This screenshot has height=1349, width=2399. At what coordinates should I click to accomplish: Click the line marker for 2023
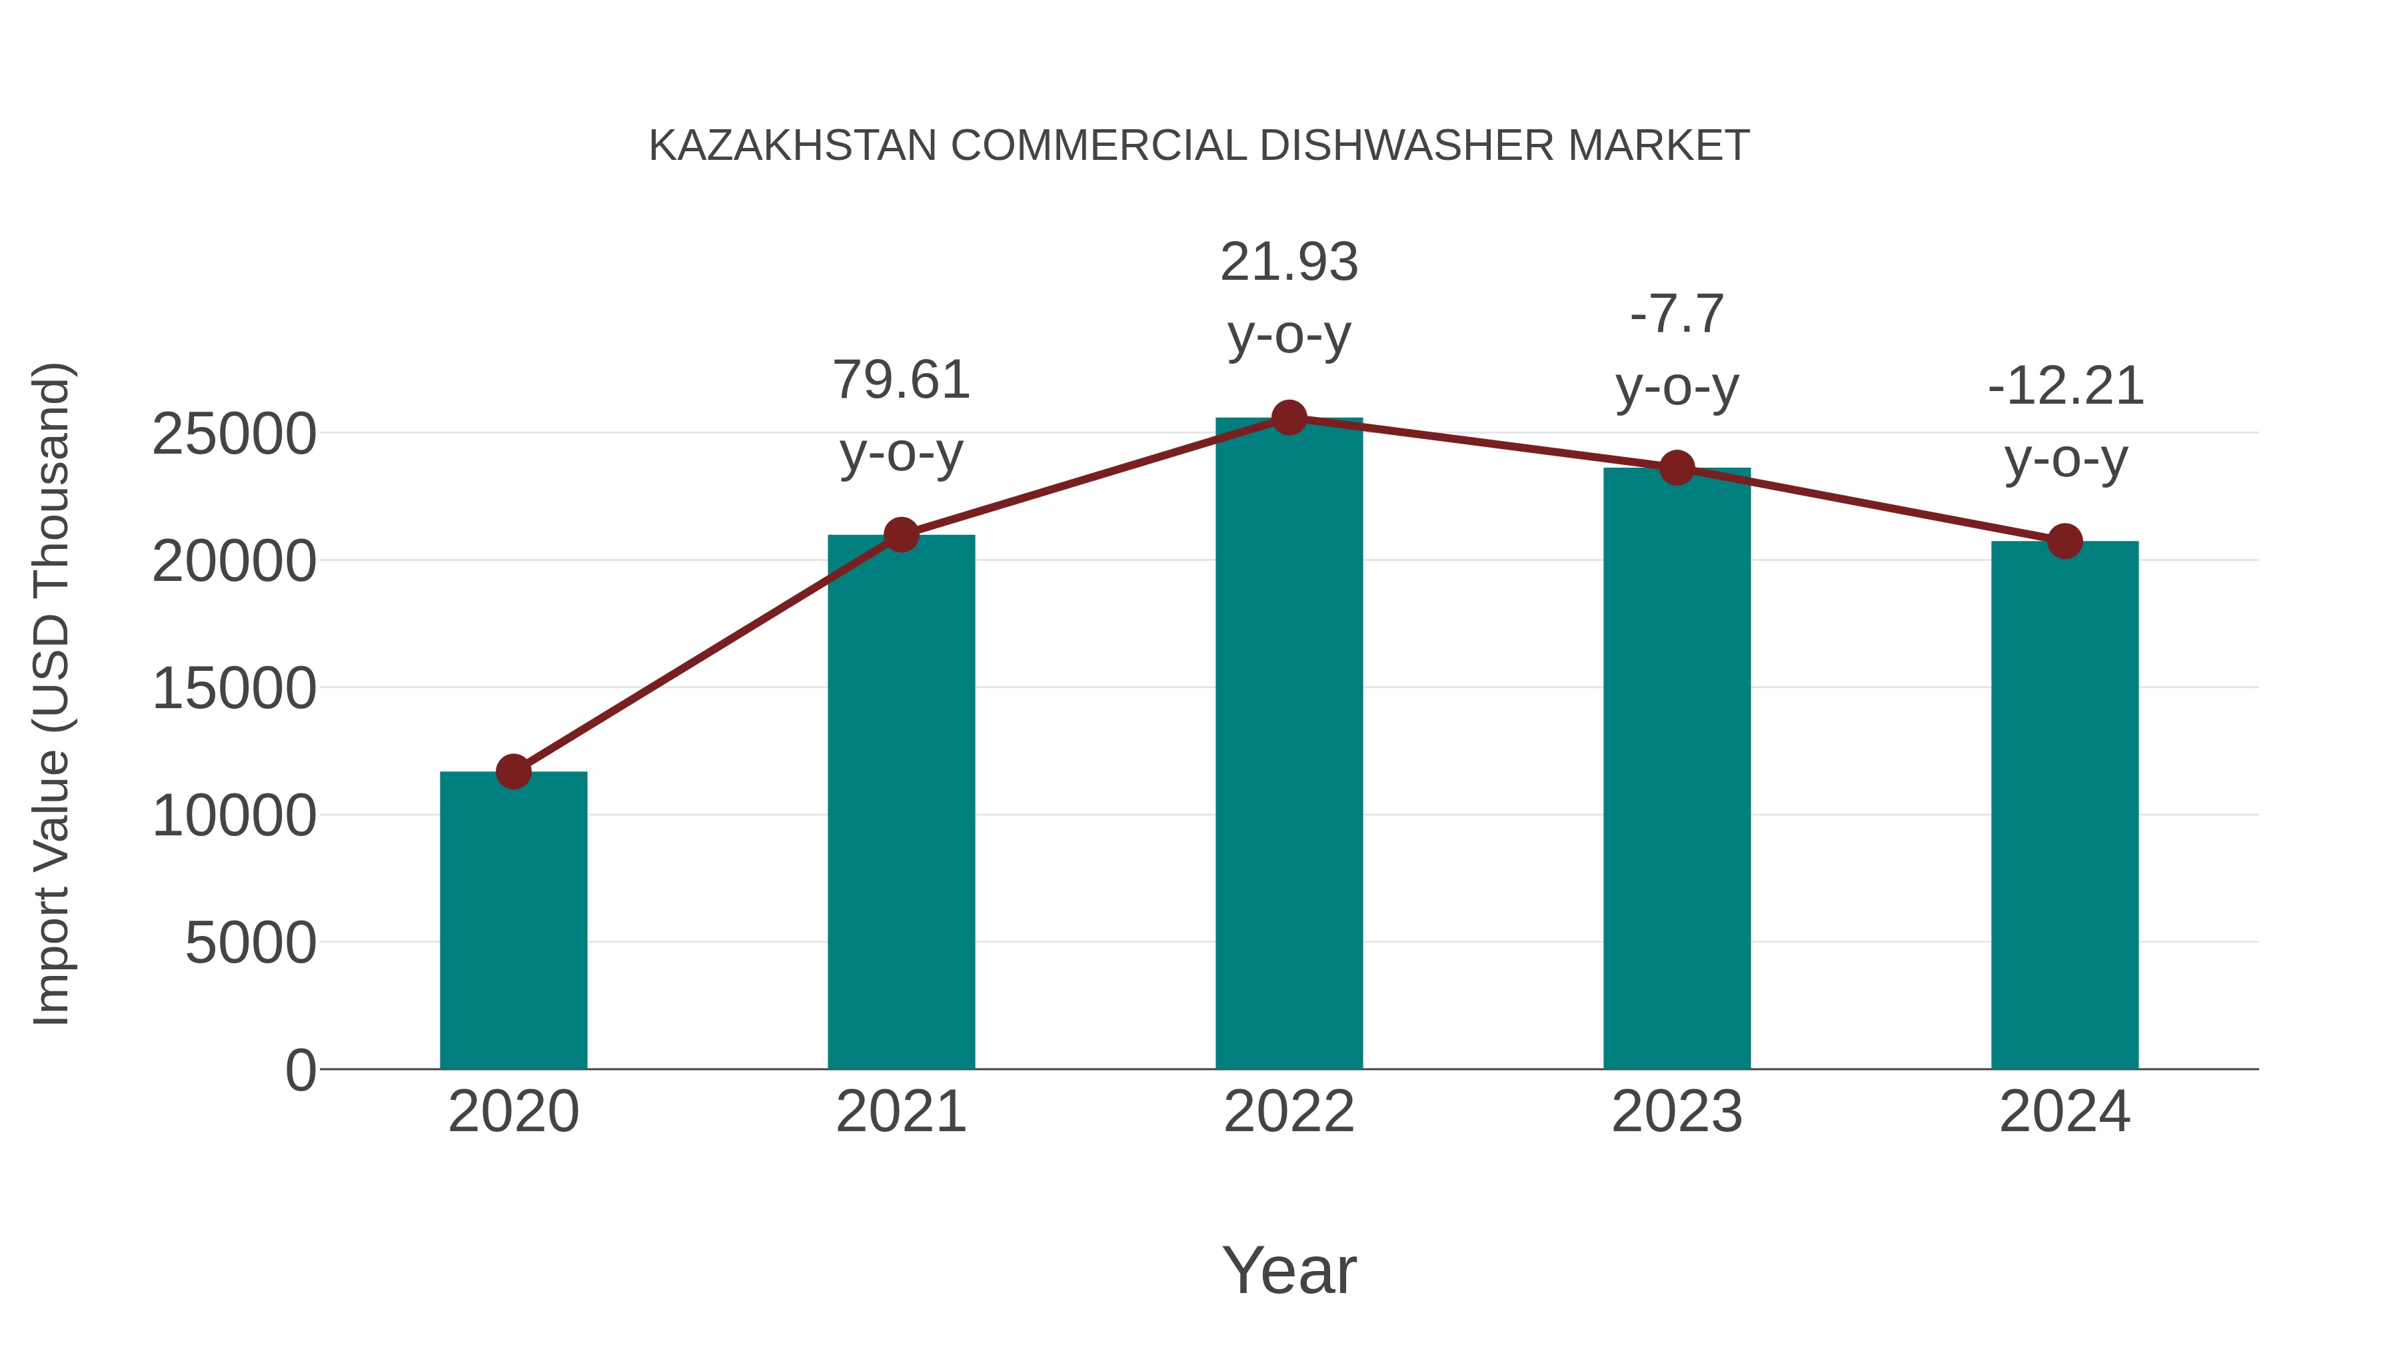coord(1677,468)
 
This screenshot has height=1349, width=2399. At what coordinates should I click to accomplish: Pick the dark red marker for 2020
coord(513,772)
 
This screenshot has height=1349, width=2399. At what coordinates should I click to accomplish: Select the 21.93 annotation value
coord(1289,262)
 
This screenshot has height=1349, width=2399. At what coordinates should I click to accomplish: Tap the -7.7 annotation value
coord(1677,314)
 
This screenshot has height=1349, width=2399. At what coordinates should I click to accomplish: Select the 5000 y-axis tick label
coord(251,943)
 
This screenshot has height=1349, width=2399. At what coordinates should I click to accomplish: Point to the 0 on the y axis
coord(301,1070)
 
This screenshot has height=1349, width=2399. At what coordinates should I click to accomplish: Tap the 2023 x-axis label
coord(1677,1112)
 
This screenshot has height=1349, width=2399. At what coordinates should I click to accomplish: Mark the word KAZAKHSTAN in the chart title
coord(792,146)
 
